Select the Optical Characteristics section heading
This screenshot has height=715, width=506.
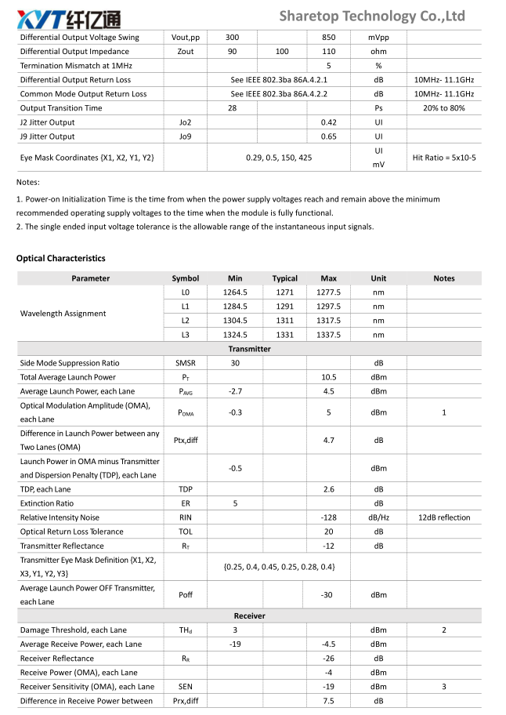(x=60, y=258)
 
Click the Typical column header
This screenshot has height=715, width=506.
(x=284, y=278)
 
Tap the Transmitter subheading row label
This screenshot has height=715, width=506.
(x=249, y=349)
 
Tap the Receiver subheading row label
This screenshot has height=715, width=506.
(x=249, y=615)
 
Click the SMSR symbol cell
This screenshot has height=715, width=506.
(x=186, y=363)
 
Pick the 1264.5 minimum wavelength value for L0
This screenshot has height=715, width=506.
(x=235, y=292)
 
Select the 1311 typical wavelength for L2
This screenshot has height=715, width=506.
(x=284, y=321)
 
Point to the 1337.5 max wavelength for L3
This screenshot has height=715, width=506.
(x=328, y=335)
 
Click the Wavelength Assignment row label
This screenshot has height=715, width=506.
(x=63, y=314)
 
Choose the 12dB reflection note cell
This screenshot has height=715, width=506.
(x=443, y=517)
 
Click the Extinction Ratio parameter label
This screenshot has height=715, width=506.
(x=47, y=503)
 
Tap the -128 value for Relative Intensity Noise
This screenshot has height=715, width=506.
(x=328, y=517)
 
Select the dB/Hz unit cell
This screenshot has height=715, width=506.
(x=378, y=517)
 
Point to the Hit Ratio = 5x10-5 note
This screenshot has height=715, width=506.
(x=443, y=158)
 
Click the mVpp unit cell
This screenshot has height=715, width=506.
(x=378, y=38)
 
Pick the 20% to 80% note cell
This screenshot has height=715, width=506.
(x=443, y=108)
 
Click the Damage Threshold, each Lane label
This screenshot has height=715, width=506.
(x=73, y=630)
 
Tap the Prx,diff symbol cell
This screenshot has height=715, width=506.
(x=186, y=700)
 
